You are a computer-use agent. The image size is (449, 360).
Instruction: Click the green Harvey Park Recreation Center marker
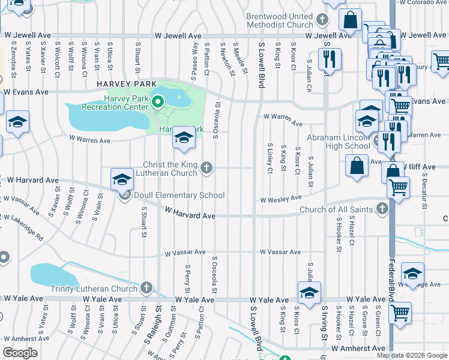point(158,101)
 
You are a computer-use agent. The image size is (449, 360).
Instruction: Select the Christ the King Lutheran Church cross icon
point(206,167)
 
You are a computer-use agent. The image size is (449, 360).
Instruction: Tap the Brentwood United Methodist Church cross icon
point(322,20)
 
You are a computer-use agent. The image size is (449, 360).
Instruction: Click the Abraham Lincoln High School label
point(339,142)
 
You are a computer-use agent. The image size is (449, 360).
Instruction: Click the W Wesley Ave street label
point(280,199)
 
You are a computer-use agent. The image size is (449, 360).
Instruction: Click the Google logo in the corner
point(20,353)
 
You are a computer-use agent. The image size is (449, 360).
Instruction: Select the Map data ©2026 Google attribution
point(412,355)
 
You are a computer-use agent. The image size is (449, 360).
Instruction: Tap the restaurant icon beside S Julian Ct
point(329,59)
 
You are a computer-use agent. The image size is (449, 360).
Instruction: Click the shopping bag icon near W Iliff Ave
point(357,166)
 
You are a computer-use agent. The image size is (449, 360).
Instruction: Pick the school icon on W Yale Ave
point(309,293)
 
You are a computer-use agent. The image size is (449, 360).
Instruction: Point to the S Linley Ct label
point(270,158)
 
